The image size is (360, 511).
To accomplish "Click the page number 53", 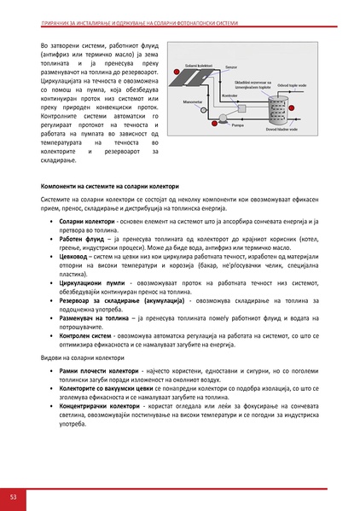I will coord(13,496).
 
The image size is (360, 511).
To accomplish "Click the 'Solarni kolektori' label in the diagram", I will coord(199,66).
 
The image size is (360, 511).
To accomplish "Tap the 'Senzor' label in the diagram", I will coord(231,66).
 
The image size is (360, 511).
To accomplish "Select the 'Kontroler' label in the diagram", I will coord(229,96).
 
